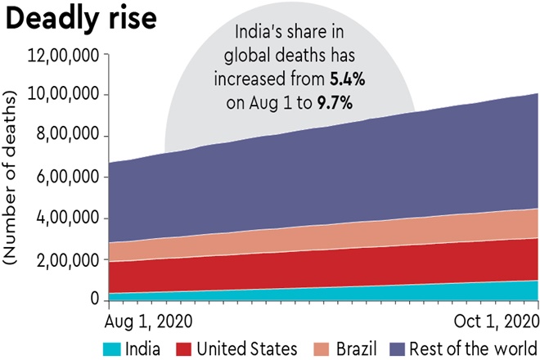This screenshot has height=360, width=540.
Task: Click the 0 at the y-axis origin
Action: [95, 299]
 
